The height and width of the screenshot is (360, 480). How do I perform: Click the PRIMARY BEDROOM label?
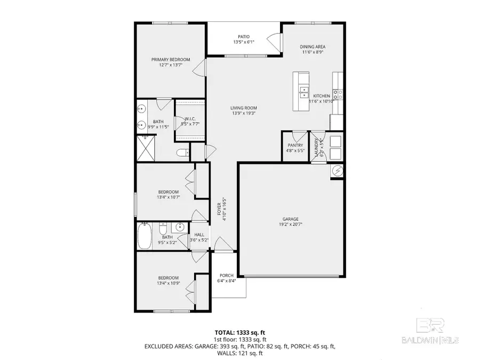tap(170, 60)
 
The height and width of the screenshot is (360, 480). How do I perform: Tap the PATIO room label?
tap(244, 37)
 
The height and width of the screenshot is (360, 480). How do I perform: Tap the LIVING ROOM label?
tap(244, 108)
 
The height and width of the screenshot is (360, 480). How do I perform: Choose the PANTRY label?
tap(295, 145)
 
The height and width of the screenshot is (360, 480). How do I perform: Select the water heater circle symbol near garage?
tap(338, 171)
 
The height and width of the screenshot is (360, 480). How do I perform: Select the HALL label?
tap(199, 234)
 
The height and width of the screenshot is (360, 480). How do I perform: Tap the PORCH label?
tap(226, 275)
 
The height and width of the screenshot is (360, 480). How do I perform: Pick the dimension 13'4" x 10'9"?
tap(167, 284)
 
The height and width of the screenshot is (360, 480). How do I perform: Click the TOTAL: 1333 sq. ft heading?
tap(240, 332)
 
